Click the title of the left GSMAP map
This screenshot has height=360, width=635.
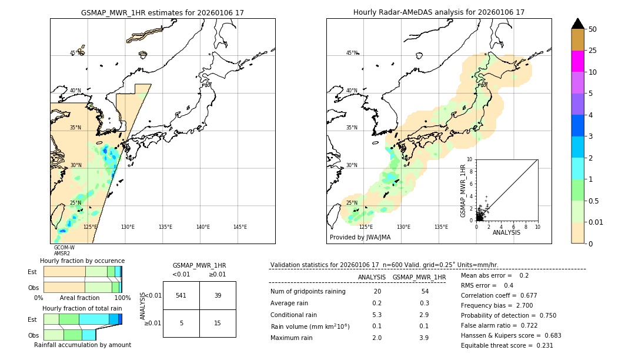(x=162, y=12)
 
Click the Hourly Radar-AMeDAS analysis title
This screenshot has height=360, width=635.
(x=439, y=12)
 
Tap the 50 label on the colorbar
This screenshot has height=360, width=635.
(x=593, y=29)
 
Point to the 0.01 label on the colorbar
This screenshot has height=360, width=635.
(x=596, y=222)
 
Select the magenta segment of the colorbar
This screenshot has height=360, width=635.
(x=577, y=61)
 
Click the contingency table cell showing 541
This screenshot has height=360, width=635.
(x=181, y=295)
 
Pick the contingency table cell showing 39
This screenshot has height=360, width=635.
(x=218, y=295)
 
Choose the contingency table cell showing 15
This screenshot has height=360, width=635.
(x=218, y=323)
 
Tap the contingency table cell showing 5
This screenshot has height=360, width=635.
(x=181, y=323)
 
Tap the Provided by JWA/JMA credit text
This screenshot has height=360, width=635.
(x=360, y=238)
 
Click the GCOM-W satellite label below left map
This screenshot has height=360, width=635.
(x=64, y=248)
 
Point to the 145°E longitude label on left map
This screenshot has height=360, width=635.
(x=240, y=227)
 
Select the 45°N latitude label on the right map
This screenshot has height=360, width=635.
(x=352, y=53)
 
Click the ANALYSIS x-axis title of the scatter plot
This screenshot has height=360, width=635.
(x=506, y=232)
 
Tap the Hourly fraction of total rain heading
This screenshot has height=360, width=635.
(x=82, y=308)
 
